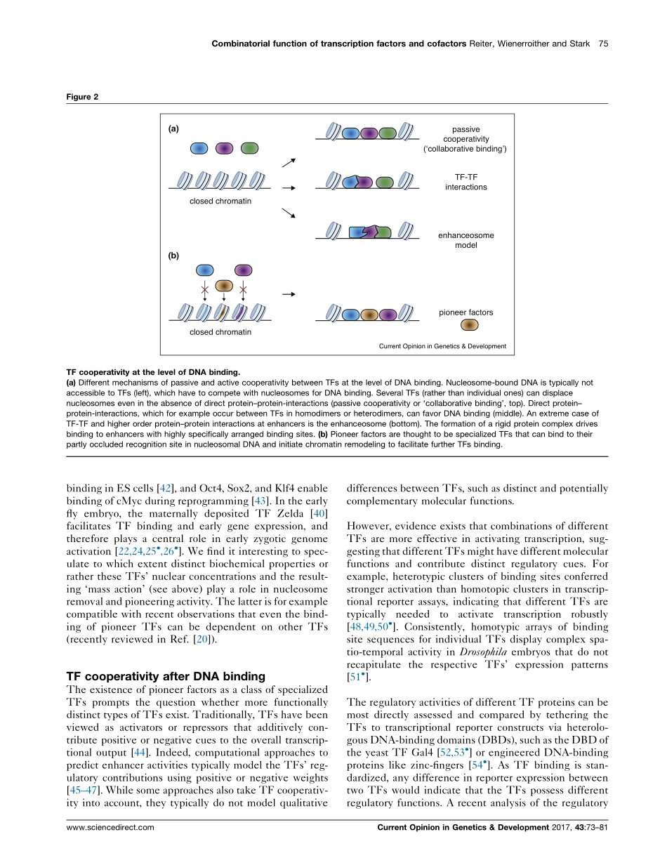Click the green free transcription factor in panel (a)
[249, 148]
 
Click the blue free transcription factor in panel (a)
[199, 148]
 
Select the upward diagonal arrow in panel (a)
[289, 162]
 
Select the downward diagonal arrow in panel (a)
[289, 213]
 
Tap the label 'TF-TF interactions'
[465, 183]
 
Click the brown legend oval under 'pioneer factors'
[469, 324]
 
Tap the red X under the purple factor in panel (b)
[242, 289]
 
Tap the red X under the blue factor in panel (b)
[204, 289]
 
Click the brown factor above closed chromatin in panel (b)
[223, 285]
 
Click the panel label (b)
[174, 256]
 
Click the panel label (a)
[174, 128]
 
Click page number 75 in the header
[603, 44]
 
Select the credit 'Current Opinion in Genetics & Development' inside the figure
[442, 346]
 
